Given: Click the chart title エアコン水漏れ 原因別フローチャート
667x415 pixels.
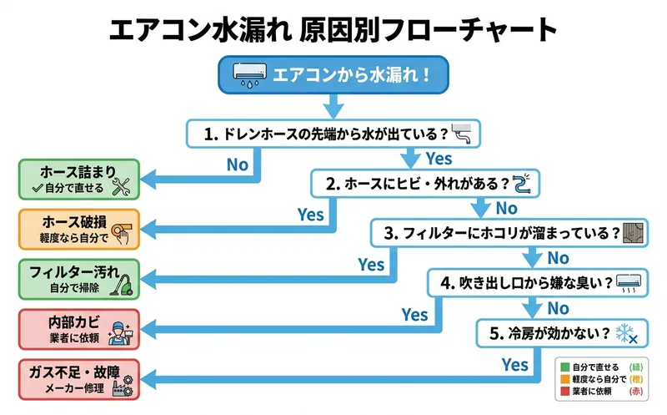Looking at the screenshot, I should tap(333, 30).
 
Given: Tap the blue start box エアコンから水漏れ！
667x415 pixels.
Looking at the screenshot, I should tap(334, 75).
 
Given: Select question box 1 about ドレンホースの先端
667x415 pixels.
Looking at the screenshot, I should tap(334, 133).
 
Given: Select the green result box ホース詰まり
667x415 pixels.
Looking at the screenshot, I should tap(79, 179).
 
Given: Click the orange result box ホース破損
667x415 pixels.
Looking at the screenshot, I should tap(79, 229).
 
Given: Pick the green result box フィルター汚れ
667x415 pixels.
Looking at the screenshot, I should tap(79, 278).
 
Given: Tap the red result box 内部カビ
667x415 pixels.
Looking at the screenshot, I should tap(79, 328).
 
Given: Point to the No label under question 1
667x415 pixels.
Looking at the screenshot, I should tap(238, 164).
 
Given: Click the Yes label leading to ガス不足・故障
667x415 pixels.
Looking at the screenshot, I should tap(515, 364).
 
